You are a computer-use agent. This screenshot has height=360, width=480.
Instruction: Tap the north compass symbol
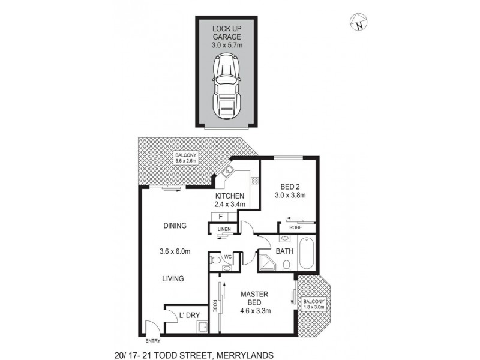[x=358, y=23]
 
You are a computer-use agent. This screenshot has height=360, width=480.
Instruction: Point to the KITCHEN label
[x=230, y=196]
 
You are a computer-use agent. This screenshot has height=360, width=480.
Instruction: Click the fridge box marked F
[x=220, y=216]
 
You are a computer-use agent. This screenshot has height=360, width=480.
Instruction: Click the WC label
[x=227, y=256]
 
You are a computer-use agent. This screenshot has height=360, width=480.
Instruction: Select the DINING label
[x=175, y=226]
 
